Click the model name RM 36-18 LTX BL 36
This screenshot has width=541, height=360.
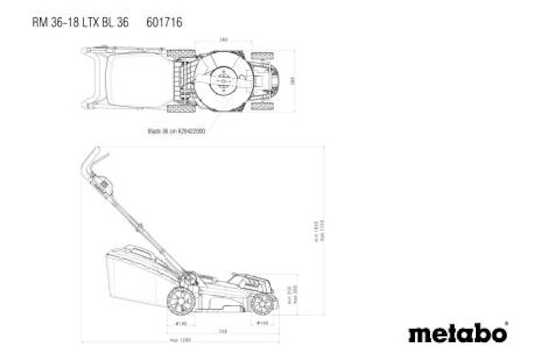tap(81, 22)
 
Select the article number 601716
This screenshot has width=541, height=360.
tap(164, 22)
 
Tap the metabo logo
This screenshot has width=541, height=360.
tap(457, 333)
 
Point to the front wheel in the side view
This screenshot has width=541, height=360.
tap(263, 302)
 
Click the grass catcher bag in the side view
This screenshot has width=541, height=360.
tap(137, 277)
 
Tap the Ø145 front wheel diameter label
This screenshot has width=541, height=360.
tap(263, 323)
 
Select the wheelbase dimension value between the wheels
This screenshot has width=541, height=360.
tap(224, 331)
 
